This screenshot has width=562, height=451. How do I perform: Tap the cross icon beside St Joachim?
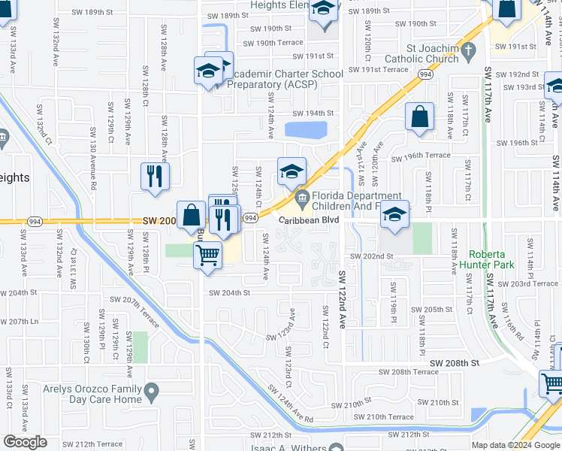pos(469,51)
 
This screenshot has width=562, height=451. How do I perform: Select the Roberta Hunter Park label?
pos(502,259)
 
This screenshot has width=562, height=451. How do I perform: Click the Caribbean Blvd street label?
pos(310,219)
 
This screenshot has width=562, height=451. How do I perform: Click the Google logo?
pos(25,442)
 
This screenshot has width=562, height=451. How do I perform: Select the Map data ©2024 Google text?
pos(515,445)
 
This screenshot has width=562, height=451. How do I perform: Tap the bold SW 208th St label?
pos(455,363)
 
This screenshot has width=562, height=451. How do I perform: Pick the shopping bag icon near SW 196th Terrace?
pos(419,117)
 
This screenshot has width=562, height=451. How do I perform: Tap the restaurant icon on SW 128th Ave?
pos(155,177)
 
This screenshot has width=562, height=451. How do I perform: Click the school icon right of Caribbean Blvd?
pos(394,215)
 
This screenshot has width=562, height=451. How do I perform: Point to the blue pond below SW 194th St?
pos(306,130)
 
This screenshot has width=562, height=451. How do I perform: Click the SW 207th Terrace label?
pos(140,312)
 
